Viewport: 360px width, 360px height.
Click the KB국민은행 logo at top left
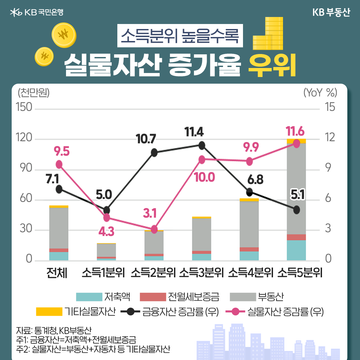pos(37,13)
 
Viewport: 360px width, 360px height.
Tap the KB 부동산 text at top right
pos(331,13)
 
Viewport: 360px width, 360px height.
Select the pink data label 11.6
pos(295,131)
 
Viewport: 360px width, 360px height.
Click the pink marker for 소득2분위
pos(154,229)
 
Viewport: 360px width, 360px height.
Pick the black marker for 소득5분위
pos(296,210)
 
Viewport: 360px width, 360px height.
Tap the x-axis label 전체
pos(57,273)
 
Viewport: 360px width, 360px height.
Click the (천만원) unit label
pos(34,92)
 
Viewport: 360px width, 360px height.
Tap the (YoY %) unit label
pos(320,92)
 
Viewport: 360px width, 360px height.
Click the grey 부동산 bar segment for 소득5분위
pos(296,188)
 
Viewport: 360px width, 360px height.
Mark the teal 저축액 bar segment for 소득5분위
pos(296,250)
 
